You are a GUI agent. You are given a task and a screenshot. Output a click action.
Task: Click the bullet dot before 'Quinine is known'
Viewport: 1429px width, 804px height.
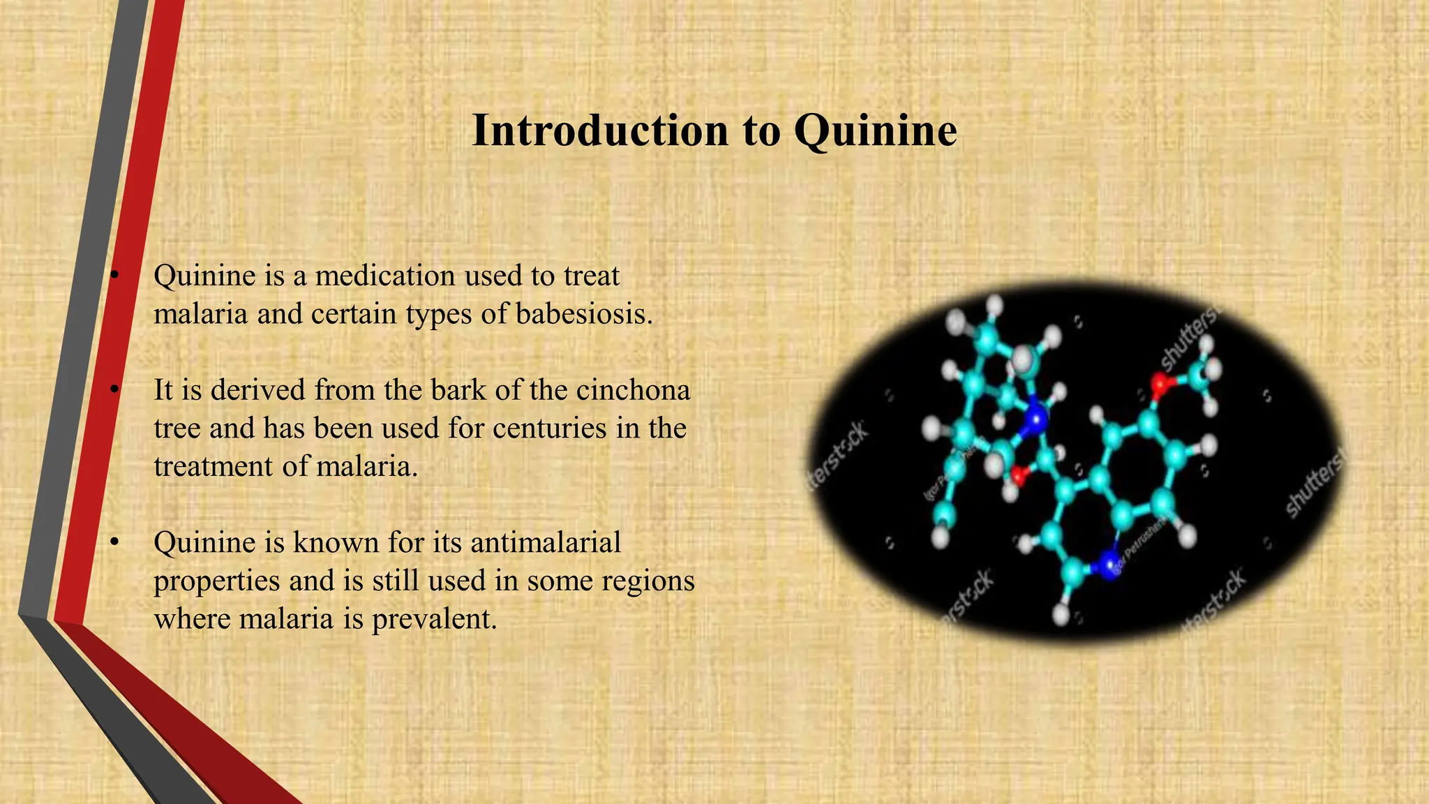[x=116, y=542]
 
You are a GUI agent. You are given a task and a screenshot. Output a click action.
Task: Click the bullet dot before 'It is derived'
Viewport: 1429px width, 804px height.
[x=116, y=390]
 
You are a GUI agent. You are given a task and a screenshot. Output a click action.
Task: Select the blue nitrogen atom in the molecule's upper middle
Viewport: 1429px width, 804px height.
[x=1037, y=419]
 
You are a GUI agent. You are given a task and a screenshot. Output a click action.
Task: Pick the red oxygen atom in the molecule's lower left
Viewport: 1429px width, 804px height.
[x=1019, y=477]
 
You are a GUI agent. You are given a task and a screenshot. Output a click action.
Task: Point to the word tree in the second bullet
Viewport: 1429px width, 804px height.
[x=177, y=429]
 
